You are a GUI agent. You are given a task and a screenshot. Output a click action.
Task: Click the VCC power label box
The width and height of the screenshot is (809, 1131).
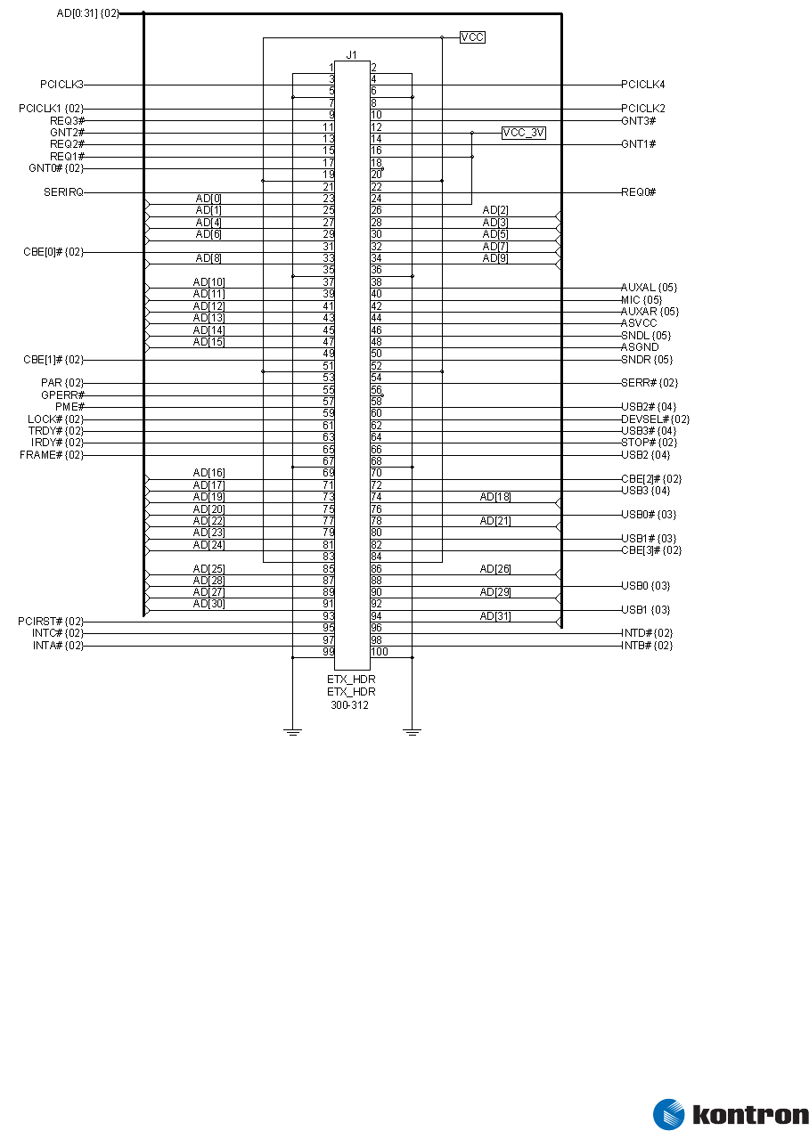click(472, 37)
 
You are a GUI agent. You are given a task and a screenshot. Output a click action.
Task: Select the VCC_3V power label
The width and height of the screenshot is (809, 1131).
click(523, 133)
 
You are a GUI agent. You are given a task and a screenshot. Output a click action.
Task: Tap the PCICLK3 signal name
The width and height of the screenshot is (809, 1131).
click(61, 85)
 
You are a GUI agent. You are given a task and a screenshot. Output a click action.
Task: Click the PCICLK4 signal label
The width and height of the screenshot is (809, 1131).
click(643, 85)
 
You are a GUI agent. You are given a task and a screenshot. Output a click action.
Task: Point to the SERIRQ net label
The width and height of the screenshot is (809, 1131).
click(63, 192)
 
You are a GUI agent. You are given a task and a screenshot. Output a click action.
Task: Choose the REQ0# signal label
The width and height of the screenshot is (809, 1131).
click(639, 192)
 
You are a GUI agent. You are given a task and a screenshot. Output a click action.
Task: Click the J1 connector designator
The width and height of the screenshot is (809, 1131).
click(351, 55)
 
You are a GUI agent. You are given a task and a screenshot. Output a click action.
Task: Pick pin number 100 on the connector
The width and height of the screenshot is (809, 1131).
click(380, 652)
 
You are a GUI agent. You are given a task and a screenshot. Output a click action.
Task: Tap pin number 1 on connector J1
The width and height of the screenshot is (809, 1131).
click(331, 68)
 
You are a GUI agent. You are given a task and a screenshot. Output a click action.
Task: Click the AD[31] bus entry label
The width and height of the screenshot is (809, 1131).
click(495, 616)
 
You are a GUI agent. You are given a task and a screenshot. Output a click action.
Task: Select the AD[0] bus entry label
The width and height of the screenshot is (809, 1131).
click(208, 198)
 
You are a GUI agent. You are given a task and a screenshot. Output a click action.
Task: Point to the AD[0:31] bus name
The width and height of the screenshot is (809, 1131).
click(87, 13)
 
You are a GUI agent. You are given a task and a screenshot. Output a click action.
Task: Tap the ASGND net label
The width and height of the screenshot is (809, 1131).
click(640, 347)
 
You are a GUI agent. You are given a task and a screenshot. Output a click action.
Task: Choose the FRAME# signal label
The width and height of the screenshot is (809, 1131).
click(52, 455)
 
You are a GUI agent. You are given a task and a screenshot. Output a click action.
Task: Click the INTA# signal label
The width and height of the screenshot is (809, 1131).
click(57, 646)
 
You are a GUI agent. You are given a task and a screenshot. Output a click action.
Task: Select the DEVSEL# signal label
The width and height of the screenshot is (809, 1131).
click(655, 419)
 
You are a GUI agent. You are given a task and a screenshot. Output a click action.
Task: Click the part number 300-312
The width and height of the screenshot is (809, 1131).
click(350, 704)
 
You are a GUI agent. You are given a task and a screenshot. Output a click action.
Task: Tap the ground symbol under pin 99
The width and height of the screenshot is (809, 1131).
click(292, 731)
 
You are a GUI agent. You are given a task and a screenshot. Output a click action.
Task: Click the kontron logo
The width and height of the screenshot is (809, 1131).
click(731, 1114)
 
